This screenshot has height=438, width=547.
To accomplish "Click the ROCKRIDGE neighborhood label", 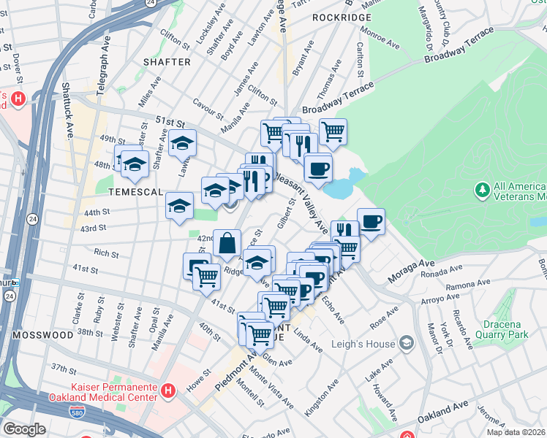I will click(x=338, y=16).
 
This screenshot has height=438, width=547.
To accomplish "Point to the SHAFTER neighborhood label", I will click(x=167, y=62).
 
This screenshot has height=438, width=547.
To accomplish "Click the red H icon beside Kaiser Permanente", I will click(x=168, y=392).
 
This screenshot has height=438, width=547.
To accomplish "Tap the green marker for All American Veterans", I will click(x=482, y=191).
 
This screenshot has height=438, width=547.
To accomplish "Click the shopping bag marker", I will click(x=227, y=242).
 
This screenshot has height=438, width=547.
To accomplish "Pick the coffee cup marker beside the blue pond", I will click(x=317, y=169).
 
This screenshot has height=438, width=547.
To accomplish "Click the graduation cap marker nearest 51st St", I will click(x=183, y=143).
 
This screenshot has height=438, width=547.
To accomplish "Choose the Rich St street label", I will click(x=106, y=253).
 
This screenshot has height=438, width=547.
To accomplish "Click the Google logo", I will click(x=24, y=429).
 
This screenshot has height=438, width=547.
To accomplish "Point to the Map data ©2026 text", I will click(x=516, y=432).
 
